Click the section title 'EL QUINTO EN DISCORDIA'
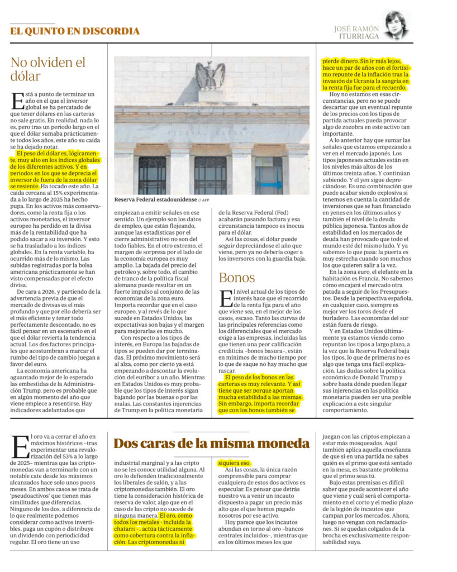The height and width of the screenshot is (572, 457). tap(75, 31)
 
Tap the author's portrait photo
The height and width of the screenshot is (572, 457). tap(397, 26)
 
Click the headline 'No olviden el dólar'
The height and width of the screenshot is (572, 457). tap(48, 69)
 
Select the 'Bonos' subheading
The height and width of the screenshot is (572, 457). tap(237, 278)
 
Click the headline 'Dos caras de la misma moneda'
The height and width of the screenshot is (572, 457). tap(211, 444)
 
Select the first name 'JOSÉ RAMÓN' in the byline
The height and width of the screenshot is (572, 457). tap(356, 28)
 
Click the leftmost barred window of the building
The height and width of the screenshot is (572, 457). tap(152, 175)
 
